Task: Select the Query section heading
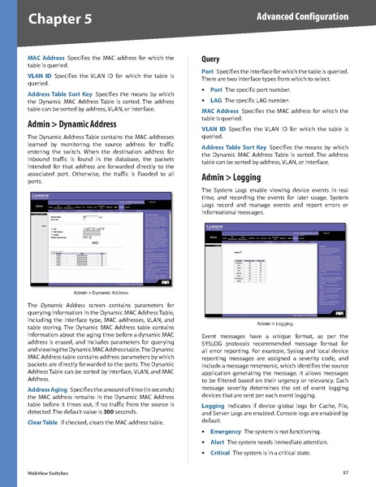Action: [x=212, y=59]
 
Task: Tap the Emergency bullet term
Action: [x=227, y=432]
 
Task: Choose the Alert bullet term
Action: [x=218, y=442]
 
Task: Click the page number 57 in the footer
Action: [x=345, y=472]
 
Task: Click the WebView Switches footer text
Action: [x=47, y=472]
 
